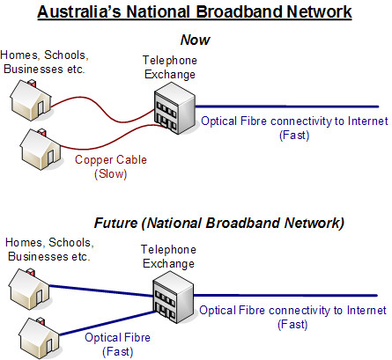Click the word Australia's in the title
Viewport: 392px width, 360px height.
point(79,12)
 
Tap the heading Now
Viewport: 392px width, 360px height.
point(196,40)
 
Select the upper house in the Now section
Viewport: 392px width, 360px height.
point(31,100)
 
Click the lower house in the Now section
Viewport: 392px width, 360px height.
point(41,149)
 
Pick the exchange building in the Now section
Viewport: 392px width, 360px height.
point(174,108)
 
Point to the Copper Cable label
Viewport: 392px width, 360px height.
point(111,160)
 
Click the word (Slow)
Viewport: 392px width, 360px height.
point(111,174)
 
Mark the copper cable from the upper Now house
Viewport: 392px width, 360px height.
point(103,109)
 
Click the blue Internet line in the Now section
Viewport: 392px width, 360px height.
point(287,107)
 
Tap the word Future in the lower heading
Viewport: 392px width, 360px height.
point(116,223)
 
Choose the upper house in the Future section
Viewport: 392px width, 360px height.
point(29,289)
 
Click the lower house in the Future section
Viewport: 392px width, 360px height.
point(40,338)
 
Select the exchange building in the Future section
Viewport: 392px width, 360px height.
point(173,297)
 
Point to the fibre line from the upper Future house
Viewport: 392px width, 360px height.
point(101,290)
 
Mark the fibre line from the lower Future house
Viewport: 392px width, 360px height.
point(108,323)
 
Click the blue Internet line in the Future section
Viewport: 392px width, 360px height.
point(285,296)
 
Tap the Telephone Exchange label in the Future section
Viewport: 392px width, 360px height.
point(168,257)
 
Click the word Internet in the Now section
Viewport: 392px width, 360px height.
point(368,121)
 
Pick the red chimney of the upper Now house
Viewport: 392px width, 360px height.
point(32,83)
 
